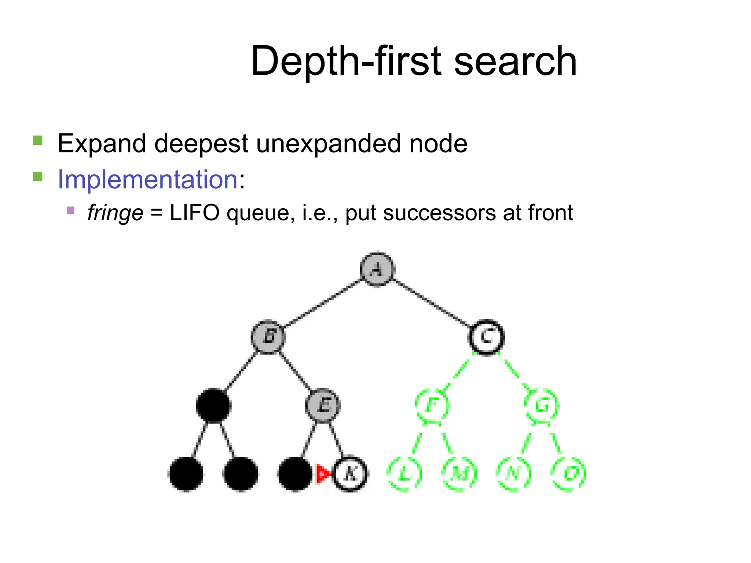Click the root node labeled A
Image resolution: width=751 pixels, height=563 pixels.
tap(377, 269)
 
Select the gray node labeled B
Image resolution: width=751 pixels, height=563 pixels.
tap(268, 336)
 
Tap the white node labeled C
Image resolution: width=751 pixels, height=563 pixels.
tap(487, 336)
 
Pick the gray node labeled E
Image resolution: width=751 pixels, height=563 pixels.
tap(323, 405)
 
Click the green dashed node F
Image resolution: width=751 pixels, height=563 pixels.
tap(432, 405)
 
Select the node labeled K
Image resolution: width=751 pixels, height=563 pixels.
tap(350, 474)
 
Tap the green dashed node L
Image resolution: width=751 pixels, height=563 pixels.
tap(404, 474)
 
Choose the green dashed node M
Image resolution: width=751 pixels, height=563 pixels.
tap(459, 474)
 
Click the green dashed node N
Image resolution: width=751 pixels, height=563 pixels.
tap(514, 474)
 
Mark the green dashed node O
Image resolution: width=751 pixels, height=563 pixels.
tap(569, 474)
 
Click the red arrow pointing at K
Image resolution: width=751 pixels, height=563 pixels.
tap(323, 474)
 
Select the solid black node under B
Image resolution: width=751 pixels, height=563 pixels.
tap(213, 405)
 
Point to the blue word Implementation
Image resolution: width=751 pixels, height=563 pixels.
tap(148, 180)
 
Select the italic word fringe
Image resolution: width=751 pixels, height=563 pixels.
tap(115, 213)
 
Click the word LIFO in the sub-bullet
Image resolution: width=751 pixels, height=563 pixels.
tap(194, 213)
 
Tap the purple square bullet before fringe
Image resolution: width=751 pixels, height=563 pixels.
tap(71, 210)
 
